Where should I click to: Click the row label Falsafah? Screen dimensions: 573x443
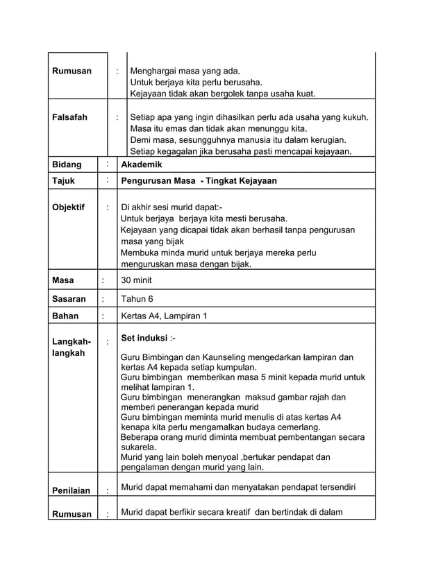click(70, 117)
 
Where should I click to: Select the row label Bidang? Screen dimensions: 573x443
click(67, 165)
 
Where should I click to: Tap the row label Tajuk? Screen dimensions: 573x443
click(64, 181)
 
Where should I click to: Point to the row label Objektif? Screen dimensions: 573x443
click(69, 207)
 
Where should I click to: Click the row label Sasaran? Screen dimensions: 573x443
click(69, 299)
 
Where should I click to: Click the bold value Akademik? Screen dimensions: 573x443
click(142, 165)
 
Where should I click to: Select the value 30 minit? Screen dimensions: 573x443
click(136, 280)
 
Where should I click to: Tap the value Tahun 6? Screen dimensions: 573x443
click(137, 299)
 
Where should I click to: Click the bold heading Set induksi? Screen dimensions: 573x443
click(144, 339)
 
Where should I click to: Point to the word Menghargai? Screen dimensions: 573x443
click(155, 71)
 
